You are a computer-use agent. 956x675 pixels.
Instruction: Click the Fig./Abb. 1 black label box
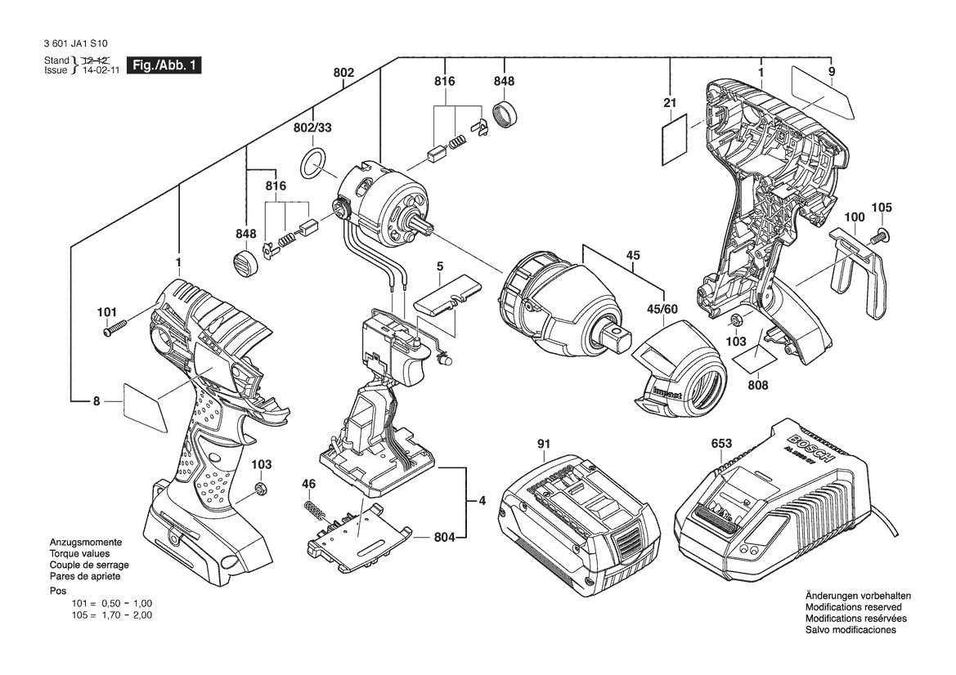coord(164,65)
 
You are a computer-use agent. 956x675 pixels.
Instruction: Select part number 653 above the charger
coord(721,444)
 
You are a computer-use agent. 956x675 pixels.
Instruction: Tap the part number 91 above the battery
coord(543,444)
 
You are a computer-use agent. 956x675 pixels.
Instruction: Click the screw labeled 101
coord(114,327)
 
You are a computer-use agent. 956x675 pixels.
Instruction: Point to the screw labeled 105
coord(880,234)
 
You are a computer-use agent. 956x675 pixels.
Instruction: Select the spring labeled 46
coord(314,510)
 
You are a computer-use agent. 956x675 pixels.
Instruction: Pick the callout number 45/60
coord(662,310)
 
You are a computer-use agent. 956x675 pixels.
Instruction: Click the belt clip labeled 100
coord(858,272)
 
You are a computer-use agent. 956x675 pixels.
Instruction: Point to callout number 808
coord(758,385)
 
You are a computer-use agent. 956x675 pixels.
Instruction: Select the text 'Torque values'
coord(80,554)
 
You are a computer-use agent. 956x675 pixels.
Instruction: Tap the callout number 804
coord(444,538)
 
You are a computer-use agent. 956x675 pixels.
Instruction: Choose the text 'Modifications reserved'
coord(854,607)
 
